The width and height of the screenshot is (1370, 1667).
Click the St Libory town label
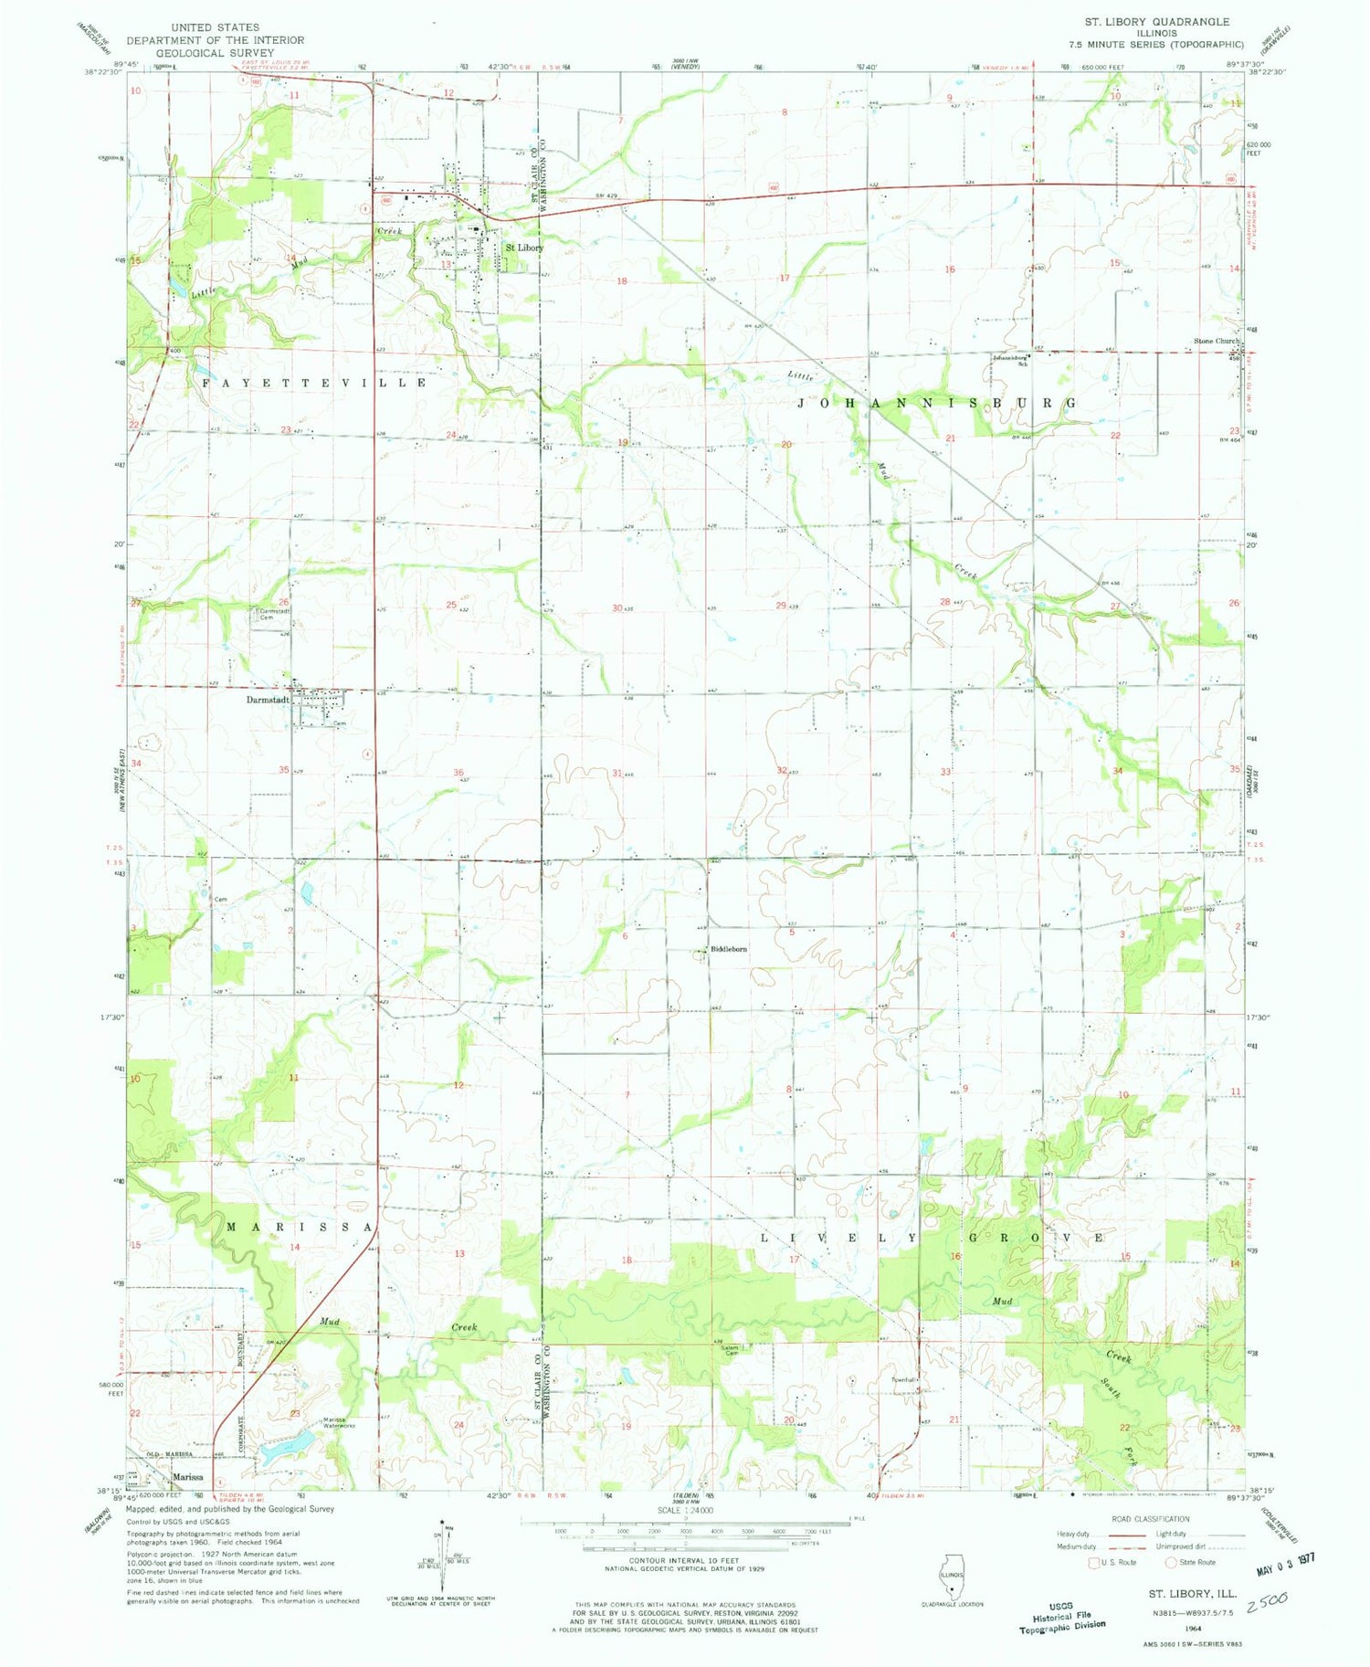(x=525, y=248)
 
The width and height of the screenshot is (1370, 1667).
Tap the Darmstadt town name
(x=268, y=700)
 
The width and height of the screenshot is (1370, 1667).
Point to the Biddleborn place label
(x=729, y=949)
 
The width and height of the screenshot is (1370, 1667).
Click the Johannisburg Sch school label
(x=1017, y=361)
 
